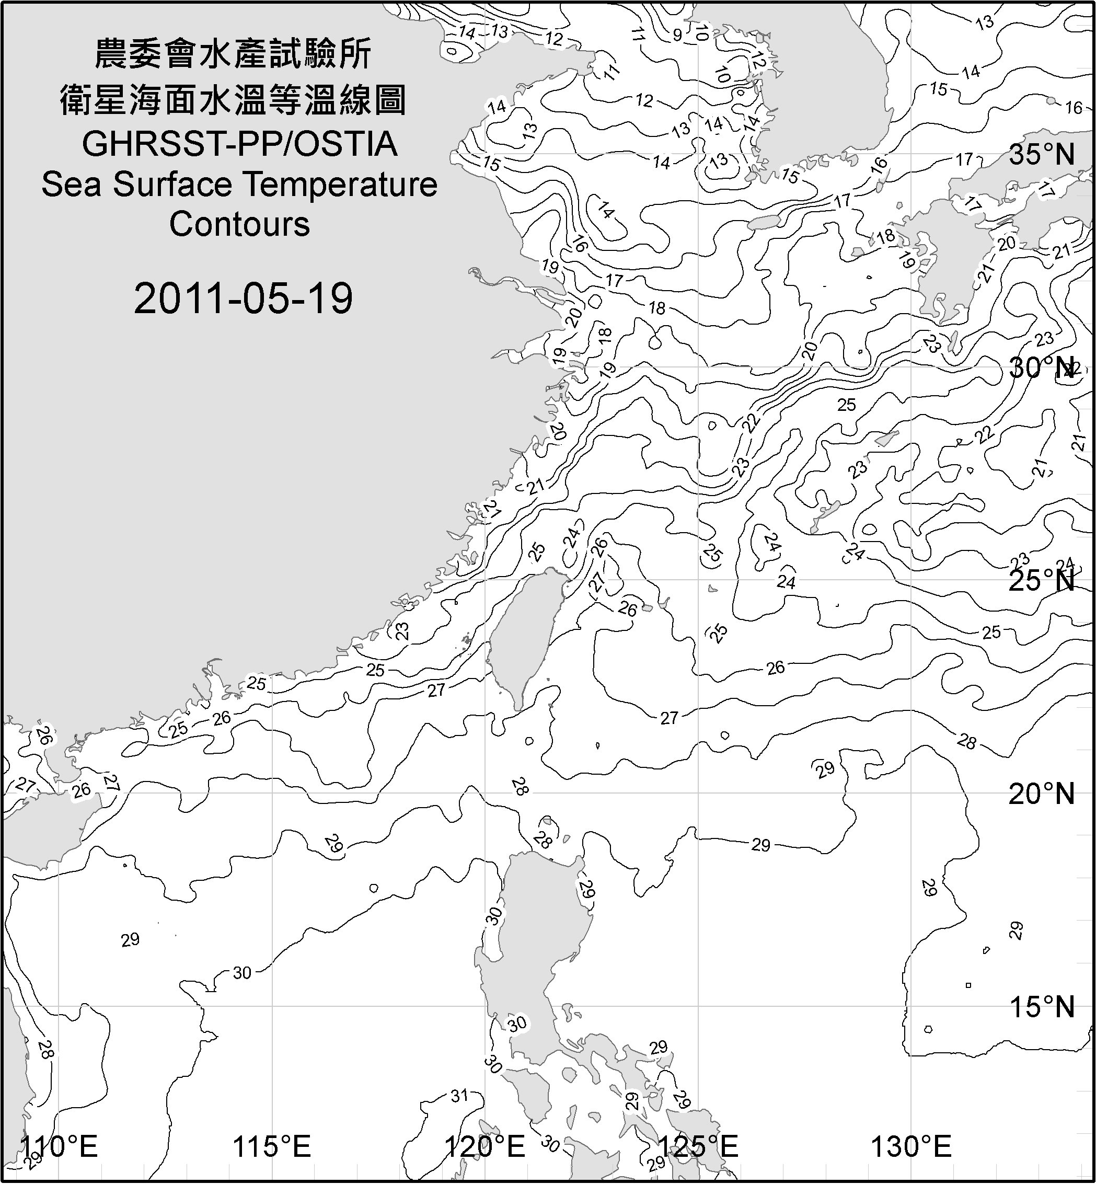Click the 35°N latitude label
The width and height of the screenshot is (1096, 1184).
pyautogui.click(x=1042, y=155)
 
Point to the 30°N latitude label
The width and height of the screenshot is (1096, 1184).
pyautogui.click(x=1042, y=369)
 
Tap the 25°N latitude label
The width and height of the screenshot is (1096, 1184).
pyautogui.click(x=1042, y=581)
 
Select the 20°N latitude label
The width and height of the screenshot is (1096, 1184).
pyautogui.click(x=1042, y=794)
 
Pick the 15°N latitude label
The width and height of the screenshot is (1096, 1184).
pyautogui.click(x=1042, y=1007)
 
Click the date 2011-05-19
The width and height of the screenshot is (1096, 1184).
pyautogui.click(x=243, y=298)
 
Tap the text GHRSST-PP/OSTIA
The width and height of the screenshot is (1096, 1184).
pyautogui.click(x=239, y=144)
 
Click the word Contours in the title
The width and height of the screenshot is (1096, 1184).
pyautogui.click(x=239, y=224)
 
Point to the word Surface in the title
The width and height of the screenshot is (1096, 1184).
pyautogui.click(x=172, y=185)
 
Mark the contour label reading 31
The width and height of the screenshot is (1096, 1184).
pyautogui.click(x=459, y=1096)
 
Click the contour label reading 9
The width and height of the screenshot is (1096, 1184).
pyautogui.click(x=677, y=36)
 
